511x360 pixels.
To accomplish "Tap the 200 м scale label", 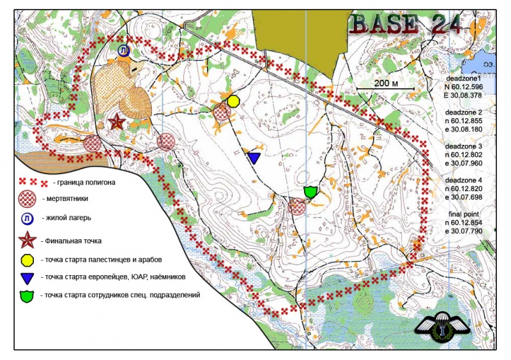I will point(386,83).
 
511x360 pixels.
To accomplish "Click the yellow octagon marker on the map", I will point(233,101).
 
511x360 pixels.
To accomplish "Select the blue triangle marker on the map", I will point(254,157).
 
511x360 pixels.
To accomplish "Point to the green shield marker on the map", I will point(311,191).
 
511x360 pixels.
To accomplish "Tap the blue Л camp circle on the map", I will point(123,50).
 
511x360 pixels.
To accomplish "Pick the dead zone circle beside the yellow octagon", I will point(221,113).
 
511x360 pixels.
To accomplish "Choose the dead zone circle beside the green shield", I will point(297,206).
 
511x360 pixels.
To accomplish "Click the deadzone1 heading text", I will point(463,77).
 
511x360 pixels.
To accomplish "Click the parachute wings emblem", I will point(442,326).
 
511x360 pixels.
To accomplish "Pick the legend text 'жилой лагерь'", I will point(66,218).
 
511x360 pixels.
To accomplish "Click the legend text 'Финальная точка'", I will point(70,241).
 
